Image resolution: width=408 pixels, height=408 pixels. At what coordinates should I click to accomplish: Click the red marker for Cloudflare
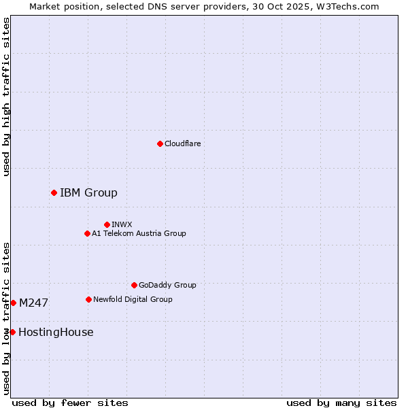point(160,143)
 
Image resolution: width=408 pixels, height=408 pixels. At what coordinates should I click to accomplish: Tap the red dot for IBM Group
point(54,193)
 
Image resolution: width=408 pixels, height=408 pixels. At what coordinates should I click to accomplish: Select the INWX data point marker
point(107,224)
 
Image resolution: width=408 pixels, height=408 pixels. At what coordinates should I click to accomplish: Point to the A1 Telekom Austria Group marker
point(87,234)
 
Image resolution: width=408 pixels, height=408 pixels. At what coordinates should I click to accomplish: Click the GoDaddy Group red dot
point(134,286)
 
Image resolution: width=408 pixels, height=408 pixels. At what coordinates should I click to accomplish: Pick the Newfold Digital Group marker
point(88,299)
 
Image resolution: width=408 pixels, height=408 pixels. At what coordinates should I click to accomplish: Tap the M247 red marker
point(13,303)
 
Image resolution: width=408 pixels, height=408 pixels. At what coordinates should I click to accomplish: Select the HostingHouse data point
point(12,332)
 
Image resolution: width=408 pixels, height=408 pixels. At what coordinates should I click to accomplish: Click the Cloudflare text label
point(183,143)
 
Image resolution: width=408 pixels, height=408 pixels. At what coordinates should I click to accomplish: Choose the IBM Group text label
point(88,193)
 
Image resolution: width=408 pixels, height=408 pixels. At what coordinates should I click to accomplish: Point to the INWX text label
point(122,224)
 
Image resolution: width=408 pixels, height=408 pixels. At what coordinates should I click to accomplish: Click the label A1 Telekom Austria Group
point(139,234)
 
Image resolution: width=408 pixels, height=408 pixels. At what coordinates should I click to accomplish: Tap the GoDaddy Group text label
point(167,286)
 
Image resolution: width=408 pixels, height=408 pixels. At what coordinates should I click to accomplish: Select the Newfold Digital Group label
point(133,299)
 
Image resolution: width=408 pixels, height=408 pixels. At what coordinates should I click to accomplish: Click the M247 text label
point(33,303)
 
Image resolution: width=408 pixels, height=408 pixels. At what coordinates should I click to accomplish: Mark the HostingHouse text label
point(56,332)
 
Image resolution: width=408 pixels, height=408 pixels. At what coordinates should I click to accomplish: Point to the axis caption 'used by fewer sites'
point(70,403)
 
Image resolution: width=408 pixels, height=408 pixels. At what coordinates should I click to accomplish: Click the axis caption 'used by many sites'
point(341,403)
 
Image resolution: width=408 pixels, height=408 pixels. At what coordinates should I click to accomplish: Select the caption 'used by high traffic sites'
point(6,97)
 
